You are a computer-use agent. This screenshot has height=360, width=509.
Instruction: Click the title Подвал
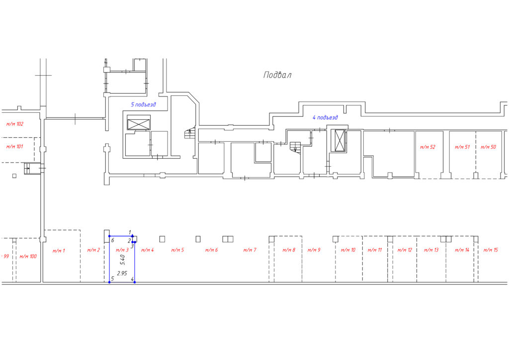point(277,75)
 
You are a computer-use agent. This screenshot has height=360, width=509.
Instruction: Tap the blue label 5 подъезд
point(143,104)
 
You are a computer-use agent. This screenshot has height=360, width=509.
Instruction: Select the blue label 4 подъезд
point(325,117)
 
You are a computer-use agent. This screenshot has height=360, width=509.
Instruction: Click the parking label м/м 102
point(15,124)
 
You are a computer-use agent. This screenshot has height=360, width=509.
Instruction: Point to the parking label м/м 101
point(14,147)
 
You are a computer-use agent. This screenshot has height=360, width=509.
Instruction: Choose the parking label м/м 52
point(427,147)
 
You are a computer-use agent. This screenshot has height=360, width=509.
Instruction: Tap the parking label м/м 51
point(462,147)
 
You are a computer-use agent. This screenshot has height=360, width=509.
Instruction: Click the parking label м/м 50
point(488,147)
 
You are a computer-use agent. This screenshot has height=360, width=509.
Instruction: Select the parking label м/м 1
point(59,251)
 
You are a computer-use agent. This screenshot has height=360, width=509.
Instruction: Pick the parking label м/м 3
point(122,250)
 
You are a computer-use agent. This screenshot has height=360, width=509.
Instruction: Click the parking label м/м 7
point(250,250)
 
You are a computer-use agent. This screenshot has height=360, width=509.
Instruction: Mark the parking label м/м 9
point(314,250)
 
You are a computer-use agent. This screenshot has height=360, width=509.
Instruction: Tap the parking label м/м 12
point(405,250)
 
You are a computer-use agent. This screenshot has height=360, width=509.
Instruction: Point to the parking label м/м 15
point(491,250)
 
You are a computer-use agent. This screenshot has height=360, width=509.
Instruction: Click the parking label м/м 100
point(28,257)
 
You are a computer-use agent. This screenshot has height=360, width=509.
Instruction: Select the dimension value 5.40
point(122,260)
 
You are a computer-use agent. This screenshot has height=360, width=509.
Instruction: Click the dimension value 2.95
point(122,273)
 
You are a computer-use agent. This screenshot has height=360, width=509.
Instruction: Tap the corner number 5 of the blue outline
point(112,279)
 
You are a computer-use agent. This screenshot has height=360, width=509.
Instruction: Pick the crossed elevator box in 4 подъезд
point(339,141)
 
